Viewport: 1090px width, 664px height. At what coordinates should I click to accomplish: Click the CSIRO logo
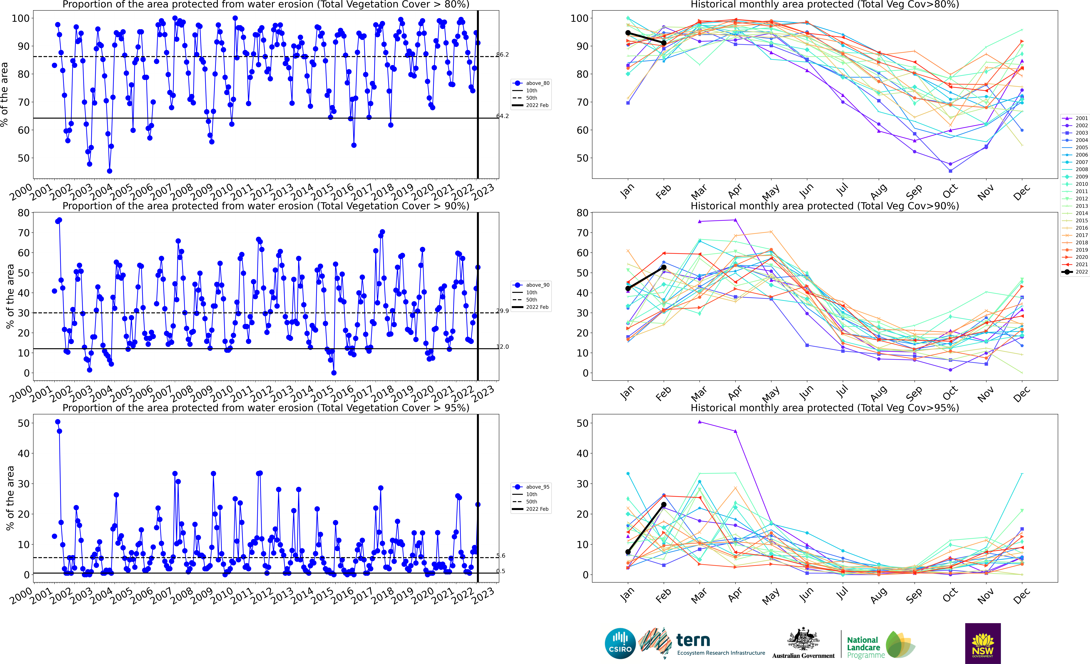click(620, 643)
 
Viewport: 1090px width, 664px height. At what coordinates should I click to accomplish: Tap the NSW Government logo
click(983, 643)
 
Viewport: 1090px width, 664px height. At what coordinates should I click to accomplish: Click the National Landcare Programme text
click(863, 647)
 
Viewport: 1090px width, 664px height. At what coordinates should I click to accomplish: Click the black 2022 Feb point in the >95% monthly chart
click(664, 505)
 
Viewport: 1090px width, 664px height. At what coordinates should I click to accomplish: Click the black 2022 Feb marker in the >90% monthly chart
click(664, 267)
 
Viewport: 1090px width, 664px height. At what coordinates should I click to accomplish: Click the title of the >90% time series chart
click(266, 206)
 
